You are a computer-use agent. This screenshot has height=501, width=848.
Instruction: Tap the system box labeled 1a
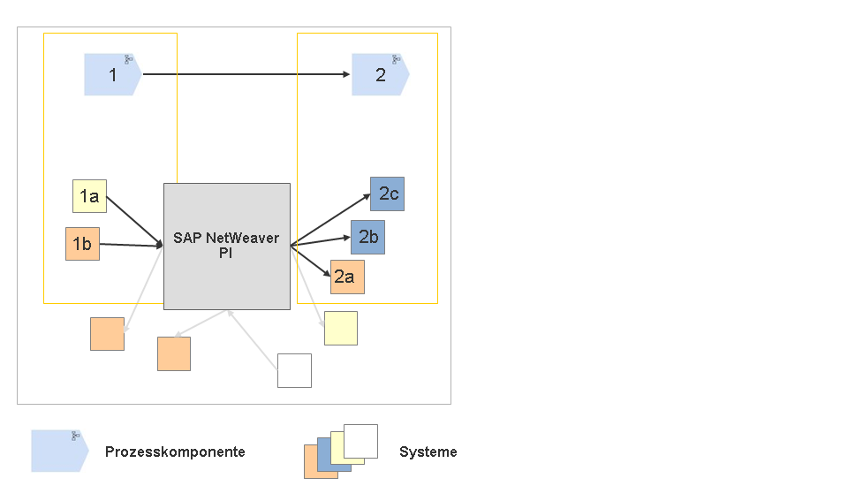(89, 196)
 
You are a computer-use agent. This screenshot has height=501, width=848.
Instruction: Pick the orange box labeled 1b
(82, 244)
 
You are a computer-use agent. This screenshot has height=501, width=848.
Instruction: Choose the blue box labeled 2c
(387, 194)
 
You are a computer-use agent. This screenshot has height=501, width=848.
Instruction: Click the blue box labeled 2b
(367, 238)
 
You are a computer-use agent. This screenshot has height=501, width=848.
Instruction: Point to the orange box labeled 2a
(347, 277)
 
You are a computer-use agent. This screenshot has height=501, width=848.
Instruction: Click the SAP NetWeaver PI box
(227, 246)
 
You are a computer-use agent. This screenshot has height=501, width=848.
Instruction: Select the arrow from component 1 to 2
(246, 75)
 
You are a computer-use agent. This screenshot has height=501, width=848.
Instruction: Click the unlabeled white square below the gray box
(294, 370)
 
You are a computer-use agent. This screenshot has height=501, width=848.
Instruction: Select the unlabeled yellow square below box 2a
(341, 328)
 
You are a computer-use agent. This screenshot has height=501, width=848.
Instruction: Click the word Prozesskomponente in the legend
(175, 452)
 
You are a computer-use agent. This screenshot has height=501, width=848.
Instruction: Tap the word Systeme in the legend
(428, 452)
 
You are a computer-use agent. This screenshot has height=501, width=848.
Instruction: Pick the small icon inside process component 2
(396, 59)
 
